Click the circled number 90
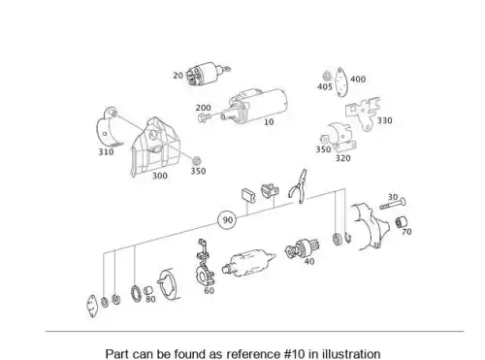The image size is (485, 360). (x=227, y=220)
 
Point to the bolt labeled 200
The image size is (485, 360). (x=204, y=117)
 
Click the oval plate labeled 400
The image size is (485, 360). (x=340, y=82)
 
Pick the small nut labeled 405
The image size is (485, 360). (x=326, y=77)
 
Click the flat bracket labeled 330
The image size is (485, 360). (x=363, y=114)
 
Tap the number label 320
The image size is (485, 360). (x=342, y=158)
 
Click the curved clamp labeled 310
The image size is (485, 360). (x=108, y=128)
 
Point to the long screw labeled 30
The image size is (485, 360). (x=393, y=204)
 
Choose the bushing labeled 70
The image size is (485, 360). (x=401, y=221)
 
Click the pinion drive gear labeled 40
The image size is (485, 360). (x=302, y=248)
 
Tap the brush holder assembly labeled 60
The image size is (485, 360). (x=205, y=264)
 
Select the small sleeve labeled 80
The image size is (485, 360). (x=147, y=290)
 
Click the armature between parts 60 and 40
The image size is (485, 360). (x=249, y=262)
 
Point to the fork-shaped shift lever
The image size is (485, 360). (x=299, y=186)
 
